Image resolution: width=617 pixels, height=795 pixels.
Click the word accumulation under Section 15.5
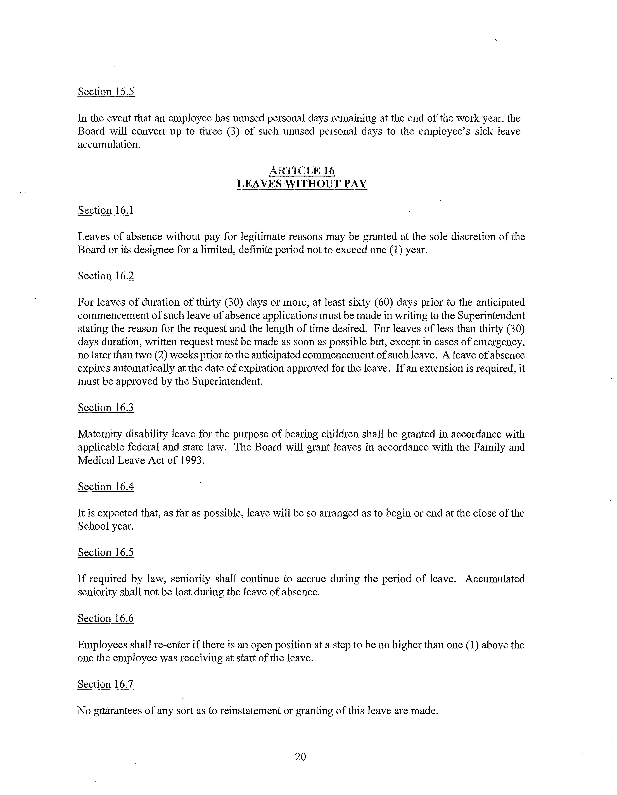tap(109, 145)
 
